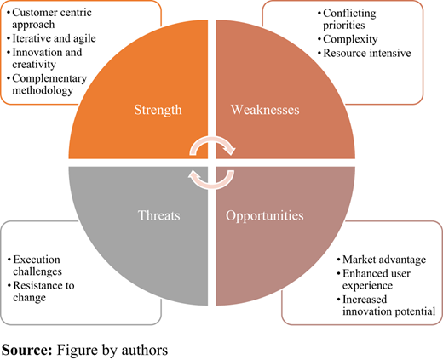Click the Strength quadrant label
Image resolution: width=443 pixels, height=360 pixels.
point(158,110)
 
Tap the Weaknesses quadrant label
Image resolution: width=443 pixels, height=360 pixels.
point(265,110)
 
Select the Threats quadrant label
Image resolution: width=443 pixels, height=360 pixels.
point(159,215)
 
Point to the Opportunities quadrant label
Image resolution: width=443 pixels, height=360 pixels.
point(265,216)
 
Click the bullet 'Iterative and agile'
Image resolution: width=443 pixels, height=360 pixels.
point(54,38)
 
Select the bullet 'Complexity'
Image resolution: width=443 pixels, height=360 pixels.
point(350,39)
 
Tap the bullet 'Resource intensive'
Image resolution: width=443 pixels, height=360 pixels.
point(367,53)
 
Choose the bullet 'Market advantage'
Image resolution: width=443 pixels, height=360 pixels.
point(384,260)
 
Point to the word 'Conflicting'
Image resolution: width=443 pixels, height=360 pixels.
point(349,14)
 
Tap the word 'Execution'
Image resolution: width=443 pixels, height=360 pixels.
point(37,260)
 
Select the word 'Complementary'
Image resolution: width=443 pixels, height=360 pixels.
point(49,79)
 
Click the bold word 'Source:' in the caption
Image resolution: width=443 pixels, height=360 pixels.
point(27,350)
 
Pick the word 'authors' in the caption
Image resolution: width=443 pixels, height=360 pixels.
point(145,350)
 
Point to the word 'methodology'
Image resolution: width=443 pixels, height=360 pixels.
point(43,91)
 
